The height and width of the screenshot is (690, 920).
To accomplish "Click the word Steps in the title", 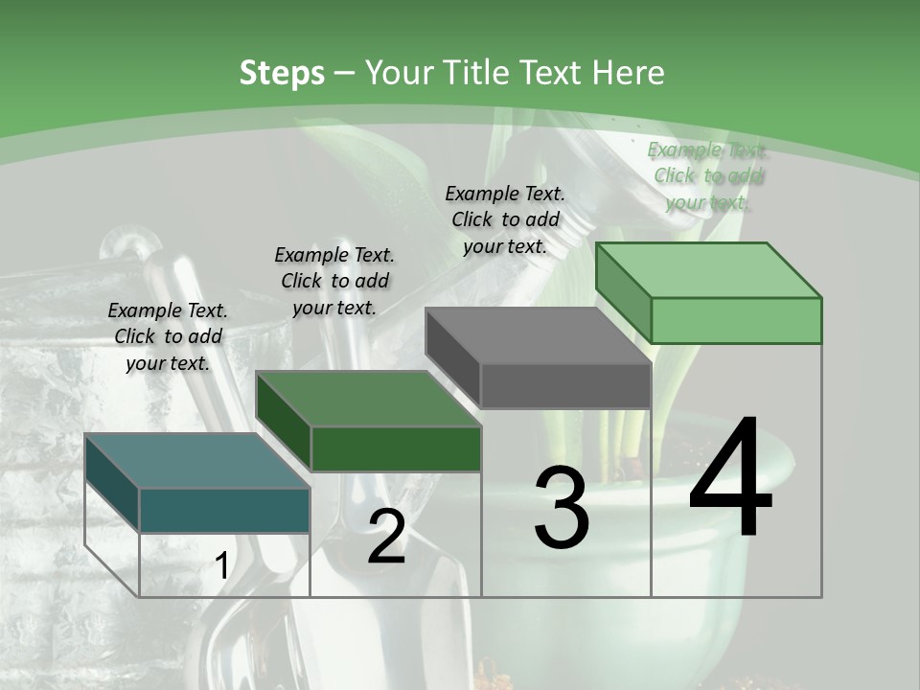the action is pos(282,74).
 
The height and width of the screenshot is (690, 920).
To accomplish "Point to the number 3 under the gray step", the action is pos(562,507).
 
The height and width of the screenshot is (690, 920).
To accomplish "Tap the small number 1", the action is pos(221,565).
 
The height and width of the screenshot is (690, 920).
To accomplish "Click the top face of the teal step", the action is pos(197,461).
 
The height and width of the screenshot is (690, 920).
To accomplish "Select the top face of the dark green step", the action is pos(368,399).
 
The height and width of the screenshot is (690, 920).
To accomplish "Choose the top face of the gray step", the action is pos(539,335).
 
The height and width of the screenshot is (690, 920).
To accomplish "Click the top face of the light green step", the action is pos(709,270).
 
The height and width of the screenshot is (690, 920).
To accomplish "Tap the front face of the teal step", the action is pos(224,511).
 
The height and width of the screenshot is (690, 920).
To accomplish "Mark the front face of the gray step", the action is pos(565,385).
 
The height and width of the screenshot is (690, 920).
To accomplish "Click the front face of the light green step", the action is pos(736,320).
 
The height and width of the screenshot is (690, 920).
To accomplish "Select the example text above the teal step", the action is pos(168,336).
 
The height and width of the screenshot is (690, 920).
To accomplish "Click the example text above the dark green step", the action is pos(334,281).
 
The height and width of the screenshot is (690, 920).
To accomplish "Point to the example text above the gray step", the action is pos(505,220).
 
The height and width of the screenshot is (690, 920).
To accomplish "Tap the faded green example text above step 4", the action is pos(707,176).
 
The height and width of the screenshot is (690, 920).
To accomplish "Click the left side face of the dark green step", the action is pos(284,420).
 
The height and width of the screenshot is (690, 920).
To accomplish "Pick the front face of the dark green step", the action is pos(396,448).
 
